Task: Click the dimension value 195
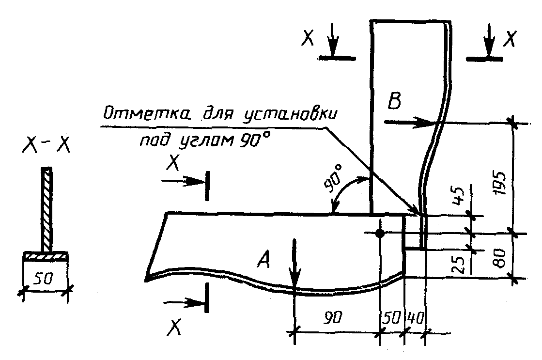501,182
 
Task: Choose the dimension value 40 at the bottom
415,318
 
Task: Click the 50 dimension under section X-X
45,280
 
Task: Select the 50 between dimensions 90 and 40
391,318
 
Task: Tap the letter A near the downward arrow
265,262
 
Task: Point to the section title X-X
46,146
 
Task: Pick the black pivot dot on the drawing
380,234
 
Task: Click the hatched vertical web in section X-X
46,208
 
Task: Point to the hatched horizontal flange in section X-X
45,255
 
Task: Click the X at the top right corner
508,39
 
